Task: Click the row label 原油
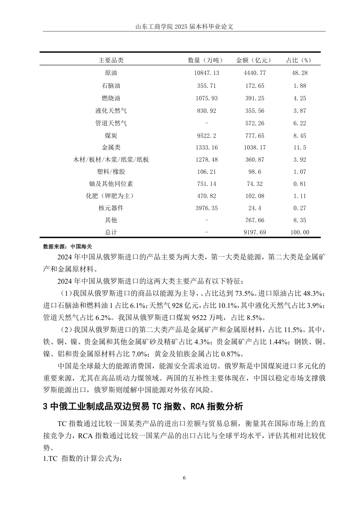pyautogui.click(x=111, y=73)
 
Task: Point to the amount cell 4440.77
pyautogui.click(x=254, y=73)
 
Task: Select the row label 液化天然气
pyautogui.click(x=111, y=111)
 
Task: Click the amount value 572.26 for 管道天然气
pyautogui.click(x=254, y=123)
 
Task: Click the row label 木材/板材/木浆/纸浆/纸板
pyautogui.click(x=111, y=159)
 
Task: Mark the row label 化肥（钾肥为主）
pyautogui.click(x=111, y=196)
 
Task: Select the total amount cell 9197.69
pyautogui.click(x=254, y=232)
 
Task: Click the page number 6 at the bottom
pyautogui.click(x=184, y=478)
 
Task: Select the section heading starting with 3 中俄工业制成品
pyautogui.click(x=143, y=406)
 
